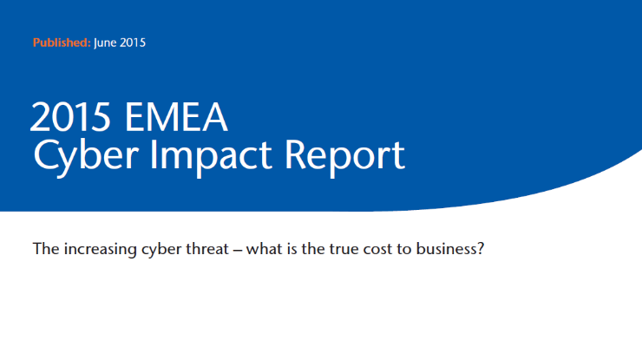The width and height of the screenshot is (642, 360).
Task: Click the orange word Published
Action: pyautogui.click(x=62, y=43)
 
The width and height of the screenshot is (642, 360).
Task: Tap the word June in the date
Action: pyautogui.click(x=105, y=43)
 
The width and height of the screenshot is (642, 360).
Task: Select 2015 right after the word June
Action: pyautogui.click(x=133, y=43)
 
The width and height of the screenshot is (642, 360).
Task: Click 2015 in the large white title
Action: pyautogui.click(x=70, y=117)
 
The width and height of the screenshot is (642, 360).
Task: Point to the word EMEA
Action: pyautogui.click(x=176, y=117)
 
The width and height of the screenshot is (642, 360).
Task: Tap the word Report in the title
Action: pyautogui.click(x=344, y=154)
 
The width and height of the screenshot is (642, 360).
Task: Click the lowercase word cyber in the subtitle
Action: pyautogui.click(x=161, y=250)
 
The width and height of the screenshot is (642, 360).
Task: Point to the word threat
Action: pyautogui.click(x=207, y=249)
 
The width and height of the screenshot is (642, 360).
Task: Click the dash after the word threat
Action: pyautogui.click(x=238, y=250)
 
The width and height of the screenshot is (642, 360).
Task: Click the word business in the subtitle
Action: pyautogui.click(x=446, y=249)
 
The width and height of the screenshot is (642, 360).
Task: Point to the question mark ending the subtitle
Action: pyautogui.click(x=481, y=249)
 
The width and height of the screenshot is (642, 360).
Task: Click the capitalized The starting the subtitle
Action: pyautogui.click(x=46, y=249)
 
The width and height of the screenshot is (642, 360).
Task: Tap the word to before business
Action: pyautogui.click(x=404, y=250)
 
